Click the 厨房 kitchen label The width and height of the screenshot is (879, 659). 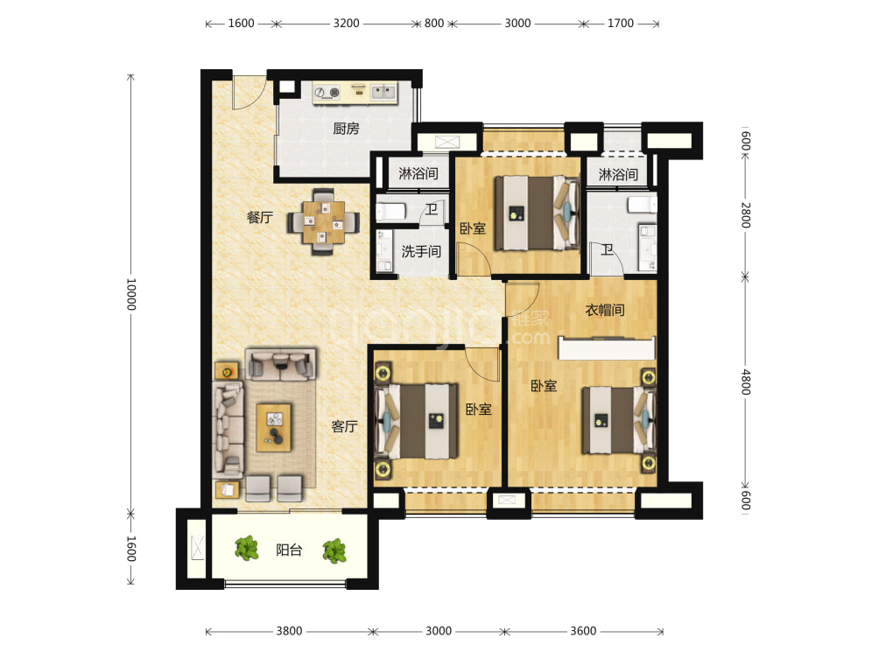(x=346, y=129)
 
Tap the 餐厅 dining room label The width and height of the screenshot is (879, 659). (x=260, y=217)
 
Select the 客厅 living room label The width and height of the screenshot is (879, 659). (x=344, y=426)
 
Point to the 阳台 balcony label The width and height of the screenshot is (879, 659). (x=289, y=550)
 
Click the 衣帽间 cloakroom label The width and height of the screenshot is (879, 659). (x=605, y=310)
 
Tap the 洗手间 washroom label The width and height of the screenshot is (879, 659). (x=421, y=251)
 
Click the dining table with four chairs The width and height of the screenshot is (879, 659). (x=323, y=222)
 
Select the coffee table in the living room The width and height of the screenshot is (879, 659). (x=273, y=427)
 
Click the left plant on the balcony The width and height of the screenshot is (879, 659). (x=247, y=548)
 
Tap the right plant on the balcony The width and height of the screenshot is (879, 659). (x=334, y=550)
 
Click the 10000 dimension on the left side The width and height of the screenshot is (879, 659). (x=130, y=294)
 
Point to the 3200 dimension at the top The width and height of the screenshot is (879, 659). (x=347, y=24)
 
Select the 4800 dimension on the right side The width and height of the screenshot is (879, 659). (x=746, y=382)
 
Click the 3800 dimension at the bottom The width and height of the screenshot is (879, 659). (x=289, y=631)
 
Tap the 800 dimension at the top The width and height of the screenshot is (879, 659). (x=434, y=24)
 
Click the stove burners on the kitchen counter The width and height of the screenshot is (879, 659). (x=327, y=93)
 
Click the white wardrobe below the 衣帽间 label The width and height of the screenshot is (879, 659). (x=607, y=348)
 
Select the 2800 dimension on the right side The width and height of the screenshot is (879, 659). (x=746, y=215)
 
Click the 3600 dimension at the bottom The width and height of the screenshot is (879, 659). (x=584, y=631)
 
